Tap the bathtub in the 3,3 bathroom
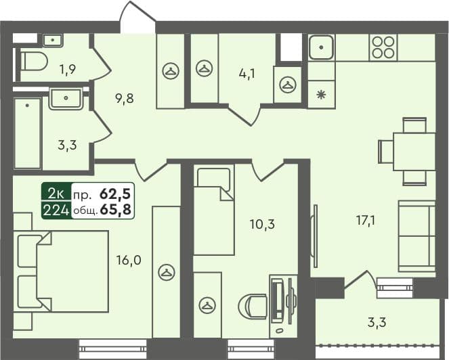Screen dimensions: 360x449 (x=27, y=133)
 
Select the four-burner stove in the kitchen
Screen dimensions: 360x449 (x=383, y=47)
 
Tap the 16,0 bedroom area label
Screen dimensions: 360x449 (x=128, y=259)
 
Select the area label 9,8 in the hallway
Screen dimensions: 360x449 (x=123, y=98)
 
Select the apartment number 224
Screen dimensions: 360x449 (x=56, y=210)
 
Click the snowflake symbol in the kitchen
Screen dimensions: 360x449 (x=321, y=93)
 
